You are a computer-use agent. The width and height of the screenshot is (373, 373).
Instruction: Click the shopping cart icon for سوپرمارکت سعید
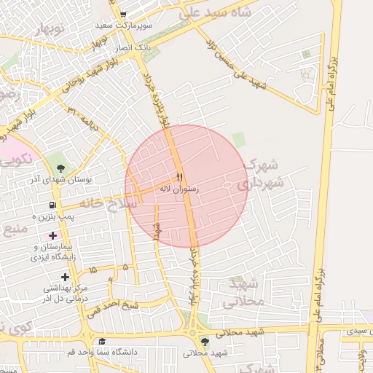(123, 14)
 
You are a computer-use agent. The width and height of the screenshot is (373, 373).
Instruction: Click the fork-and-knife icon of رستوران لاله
(179, 177)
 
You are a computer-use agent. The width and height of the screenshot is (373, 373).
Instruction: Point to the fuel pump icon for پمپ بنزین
(52, 206)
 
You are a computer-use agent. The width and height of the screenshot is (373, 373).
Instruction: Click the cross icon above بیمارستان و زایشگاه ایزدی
(52, 235)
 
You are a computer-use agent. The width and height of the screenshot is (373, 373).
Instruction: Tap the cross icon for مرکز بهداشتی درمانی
(66, 277)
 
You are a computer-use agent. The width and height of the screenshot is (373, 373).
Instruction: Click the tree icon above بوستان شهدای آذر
(60, 169)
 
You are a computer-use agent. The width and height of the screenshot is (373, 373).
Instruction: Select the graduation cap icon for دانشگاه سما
(103, 342)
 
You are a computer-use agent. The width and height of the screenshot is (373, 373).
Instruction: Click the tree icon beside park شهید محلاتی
(204, 341)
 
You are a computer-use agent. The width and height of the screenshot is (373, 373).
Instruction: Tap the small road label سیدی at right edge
(357, 331)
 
